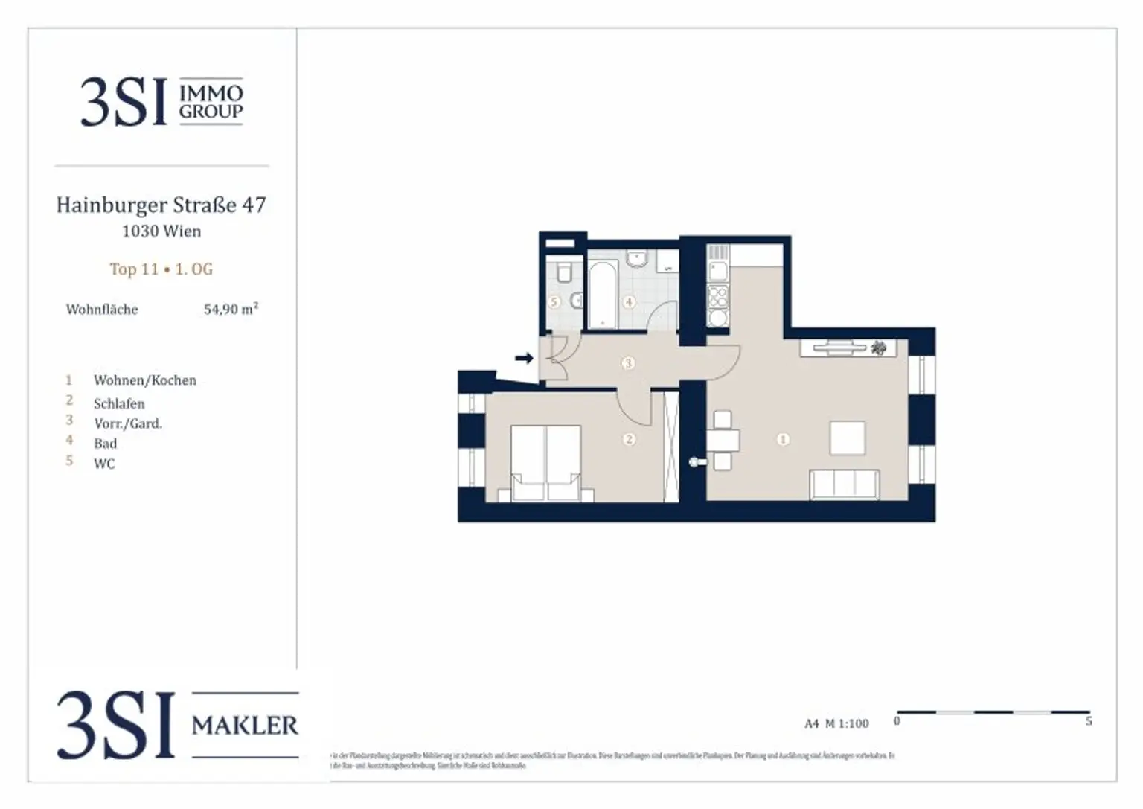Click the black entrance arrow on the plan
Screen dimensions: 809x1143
coord(525,359)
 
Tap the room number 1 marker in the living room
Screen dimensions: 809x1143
coord(782,439)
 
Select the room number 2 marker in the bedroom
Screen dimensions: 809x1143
coord(629,439)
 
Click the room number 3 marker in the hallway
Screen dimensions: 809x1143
coord(629,363)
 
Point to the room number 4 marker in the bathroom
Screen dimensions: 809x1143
coord(630,302)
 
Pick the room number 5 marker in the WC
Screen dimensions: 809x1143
coord(554,302)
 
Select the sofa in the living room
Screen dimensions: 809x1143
coord(845,485)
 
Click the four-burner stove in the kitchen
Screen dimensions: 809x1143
coord(717,297)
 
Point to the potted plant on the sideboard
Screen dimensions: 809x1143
coord(879,348)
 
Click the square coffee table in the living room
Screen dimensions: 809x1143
coord(847,438)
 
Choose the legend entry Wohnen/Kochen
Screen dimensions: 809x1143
coord(145,380)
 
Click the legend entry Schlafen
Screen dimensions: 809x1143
coord(119,404)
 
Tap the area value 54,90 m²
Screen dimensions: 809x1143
coord(231,309)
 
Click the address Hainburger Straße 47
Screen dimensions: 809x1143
coord(161,205)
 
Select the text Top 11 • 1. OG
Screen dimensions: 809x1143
coord(161,269)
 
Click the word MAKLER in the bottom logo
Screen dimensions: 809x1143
coord(245,725)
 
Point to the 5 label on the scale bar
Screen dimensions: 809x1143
coord(1089,721)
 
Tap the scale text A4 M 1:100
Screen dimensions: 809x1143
coord(836,723)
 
